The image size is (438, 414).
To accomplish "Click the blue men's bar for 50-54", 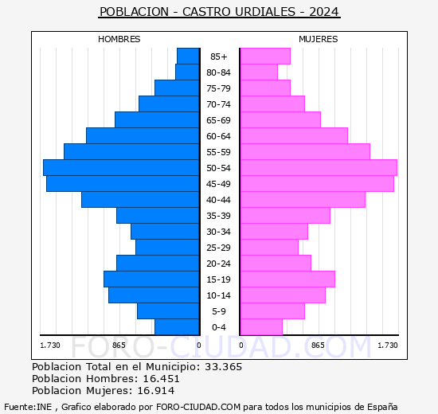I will (x=121, y=167).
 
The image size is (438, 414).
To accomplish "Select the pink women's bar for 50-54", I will (x=318, y=167).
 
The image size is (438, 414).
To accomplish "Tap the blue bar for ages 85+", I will (x=188, y=56).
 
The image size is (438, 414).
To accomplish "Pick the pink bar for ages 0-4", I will (x=261, y=326).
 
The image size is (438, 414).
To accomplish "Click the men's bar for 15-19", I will (x=151, y=279).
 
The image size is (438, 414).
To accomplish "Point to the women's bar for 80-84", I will (x=259, y=72).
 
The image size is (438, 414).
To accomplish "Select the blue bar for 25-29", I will (x=167, y=247).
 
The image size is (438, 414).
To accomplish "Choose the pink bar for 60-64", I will (x=294, y=135).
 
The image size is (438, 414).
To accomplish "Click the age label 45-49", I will (x=219, y=184).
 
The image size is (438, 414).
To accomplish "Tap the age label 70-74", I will (x=219, y=104).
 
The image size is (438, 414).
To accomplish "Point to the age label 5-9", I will (x=219, y=311).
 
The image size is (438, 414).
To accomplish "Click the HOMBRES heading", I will (x=119, y=39).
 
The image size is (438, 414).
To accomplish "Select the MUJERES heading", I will (x=319, y=39).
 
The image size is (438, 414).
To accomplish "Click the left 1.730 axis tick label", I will (x=50, y=345).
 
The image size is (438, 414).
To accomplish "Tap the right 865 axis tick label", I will (x=318, y=345).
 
